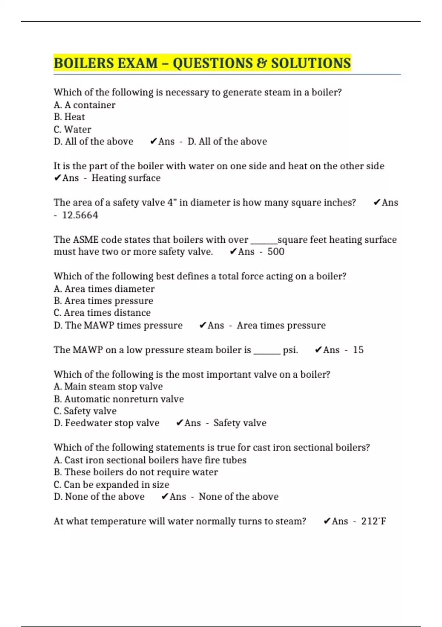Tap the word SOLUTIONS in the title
(x=311, y=63)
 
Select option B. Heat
(x=69, y=117)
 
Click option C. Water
(x=73, y=129)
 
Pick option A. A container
(x=85, y=105)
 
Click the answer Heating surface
(x=126, y=178)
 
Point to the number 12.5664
(x=80, y=215)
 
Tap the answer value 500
(x=276, y=252)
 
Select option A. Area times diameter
(x=104, y=289)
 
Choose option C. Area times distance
(x=102, y=313)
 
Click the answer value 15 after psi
(x=358, y=350)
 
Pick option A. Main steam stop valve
(x=108, y=387)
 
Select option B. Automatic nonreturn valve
(x=119, y=399)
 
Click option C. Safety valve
(x=85, y=411)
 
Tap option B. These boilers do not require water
(x=136, y=472)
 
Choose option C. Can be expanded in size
(x=112, y=485)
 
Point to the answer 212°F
(x=373, y=521)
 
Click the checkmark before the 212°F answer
(x=327, y=521)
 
